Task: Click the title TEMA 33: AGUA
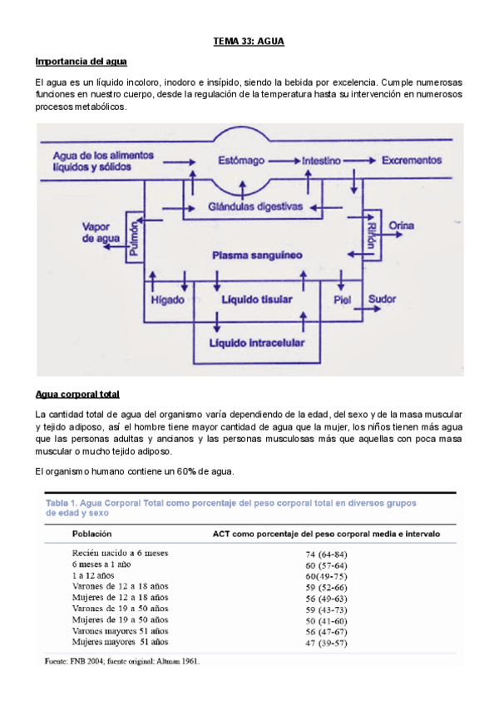pos(249,41)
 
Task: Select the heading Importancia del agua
pos(81,62)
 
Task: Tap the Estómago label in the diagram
pos(243,159)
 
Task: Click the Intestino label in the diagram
pos(325,159)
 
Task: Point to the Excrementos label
pos(412,159)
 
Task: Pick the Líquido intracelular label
pos(258,342)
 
